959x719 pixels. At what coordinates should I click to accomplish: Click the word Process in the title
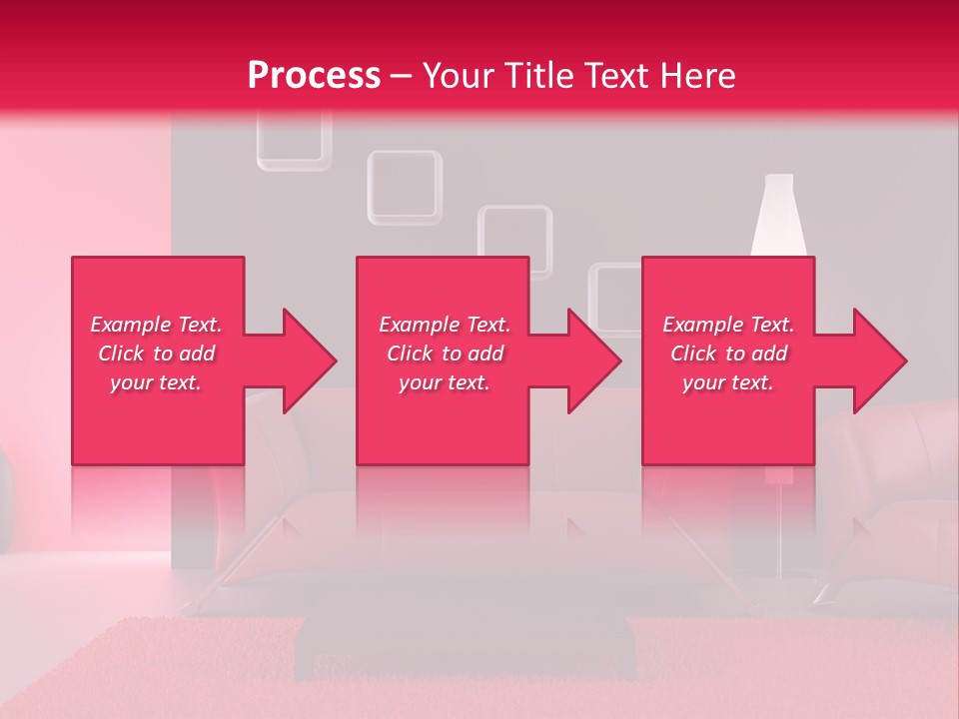[x=314, y=76]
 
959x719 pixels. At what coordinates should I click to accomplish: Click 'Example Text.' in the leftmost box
[x=157, y=325]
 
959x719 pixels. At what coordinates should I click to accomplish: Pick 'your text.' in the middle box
[x=445, y=382]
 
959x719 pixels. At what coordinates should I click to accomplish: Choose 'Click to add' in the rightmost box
[x=728, y=354]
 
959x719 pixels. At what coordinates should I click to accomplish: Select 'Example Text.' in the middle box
[x=445, y=325]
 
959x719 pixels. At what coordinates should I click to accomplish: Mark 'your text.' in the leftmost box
[x=157, y=382]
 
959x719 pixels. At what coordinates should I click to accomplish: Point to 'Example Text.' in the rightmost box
[x=728, y=325]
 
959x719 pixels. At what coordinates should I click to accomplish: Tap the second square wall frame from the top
[x=405, y=187]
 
